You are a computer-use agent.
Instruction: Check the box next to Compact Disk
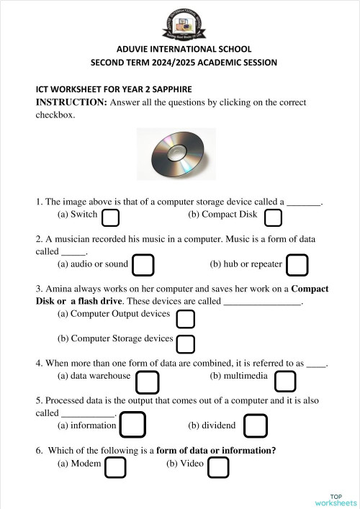(273, 217)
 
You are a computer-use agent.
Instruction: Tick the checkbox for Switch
(110, 217)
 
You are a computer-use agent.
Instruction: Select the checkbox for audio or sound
(143, 265)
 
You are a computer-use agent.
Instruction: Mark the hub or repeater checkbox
(297, 265)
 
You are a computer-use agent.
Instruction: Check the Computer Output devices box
(186, 319)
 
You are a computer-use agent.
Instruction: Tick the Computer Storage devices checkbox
(186, 343)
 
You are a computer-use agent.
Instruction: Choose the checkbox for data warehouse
(148, 382)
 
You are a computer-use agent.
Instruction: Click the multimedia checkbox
(285, 382)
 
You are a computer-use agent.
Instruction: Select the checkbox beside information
(132, 425)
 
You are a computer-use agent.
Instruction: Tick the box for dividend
(256, 425)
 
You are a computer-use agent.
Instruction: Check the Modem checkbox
(115, 468)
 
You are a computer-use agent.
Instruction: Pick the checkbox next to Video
(218, 468)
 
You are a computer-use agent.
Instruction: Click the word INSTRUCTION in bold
(71, 102)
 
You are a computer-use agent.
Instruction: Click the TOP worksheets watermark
(336, 499)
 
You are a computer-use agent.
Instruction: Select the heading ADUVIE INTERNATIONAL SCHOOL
(180, 49)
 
